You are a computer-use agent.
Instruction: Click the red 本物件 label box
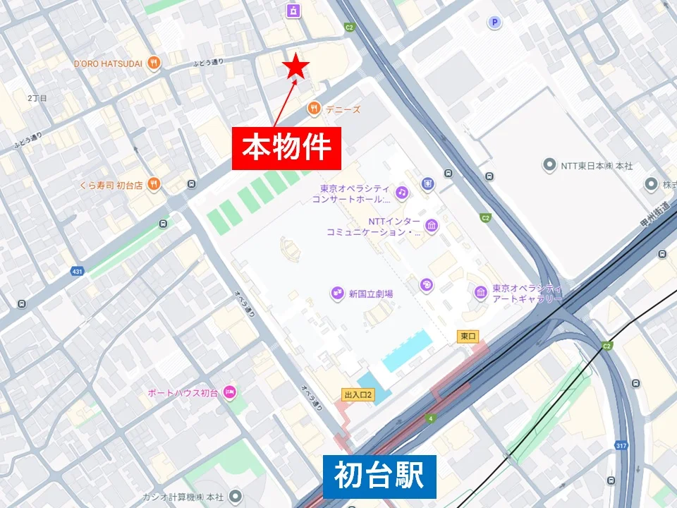tap(286, 148)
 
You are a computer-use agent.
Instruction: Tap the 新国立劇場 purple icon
tap(337, 294)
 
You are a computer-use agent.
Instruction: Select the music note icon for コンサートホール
tap(402, 192)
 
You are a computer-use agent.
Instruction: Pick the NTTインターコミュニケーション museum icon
tap(432, 226)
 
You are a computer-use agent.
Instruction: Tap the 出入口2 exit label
tap(358, 394)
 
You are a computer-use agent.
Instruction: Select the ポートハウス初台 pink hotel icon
tap(229, 392)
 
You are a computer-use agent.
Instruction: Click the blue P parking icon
tap(495, 23)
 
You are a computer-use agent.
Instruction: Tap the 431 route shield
tap(78, 271)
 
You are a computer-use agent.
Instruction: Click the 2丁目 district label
tap(37, 98)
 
